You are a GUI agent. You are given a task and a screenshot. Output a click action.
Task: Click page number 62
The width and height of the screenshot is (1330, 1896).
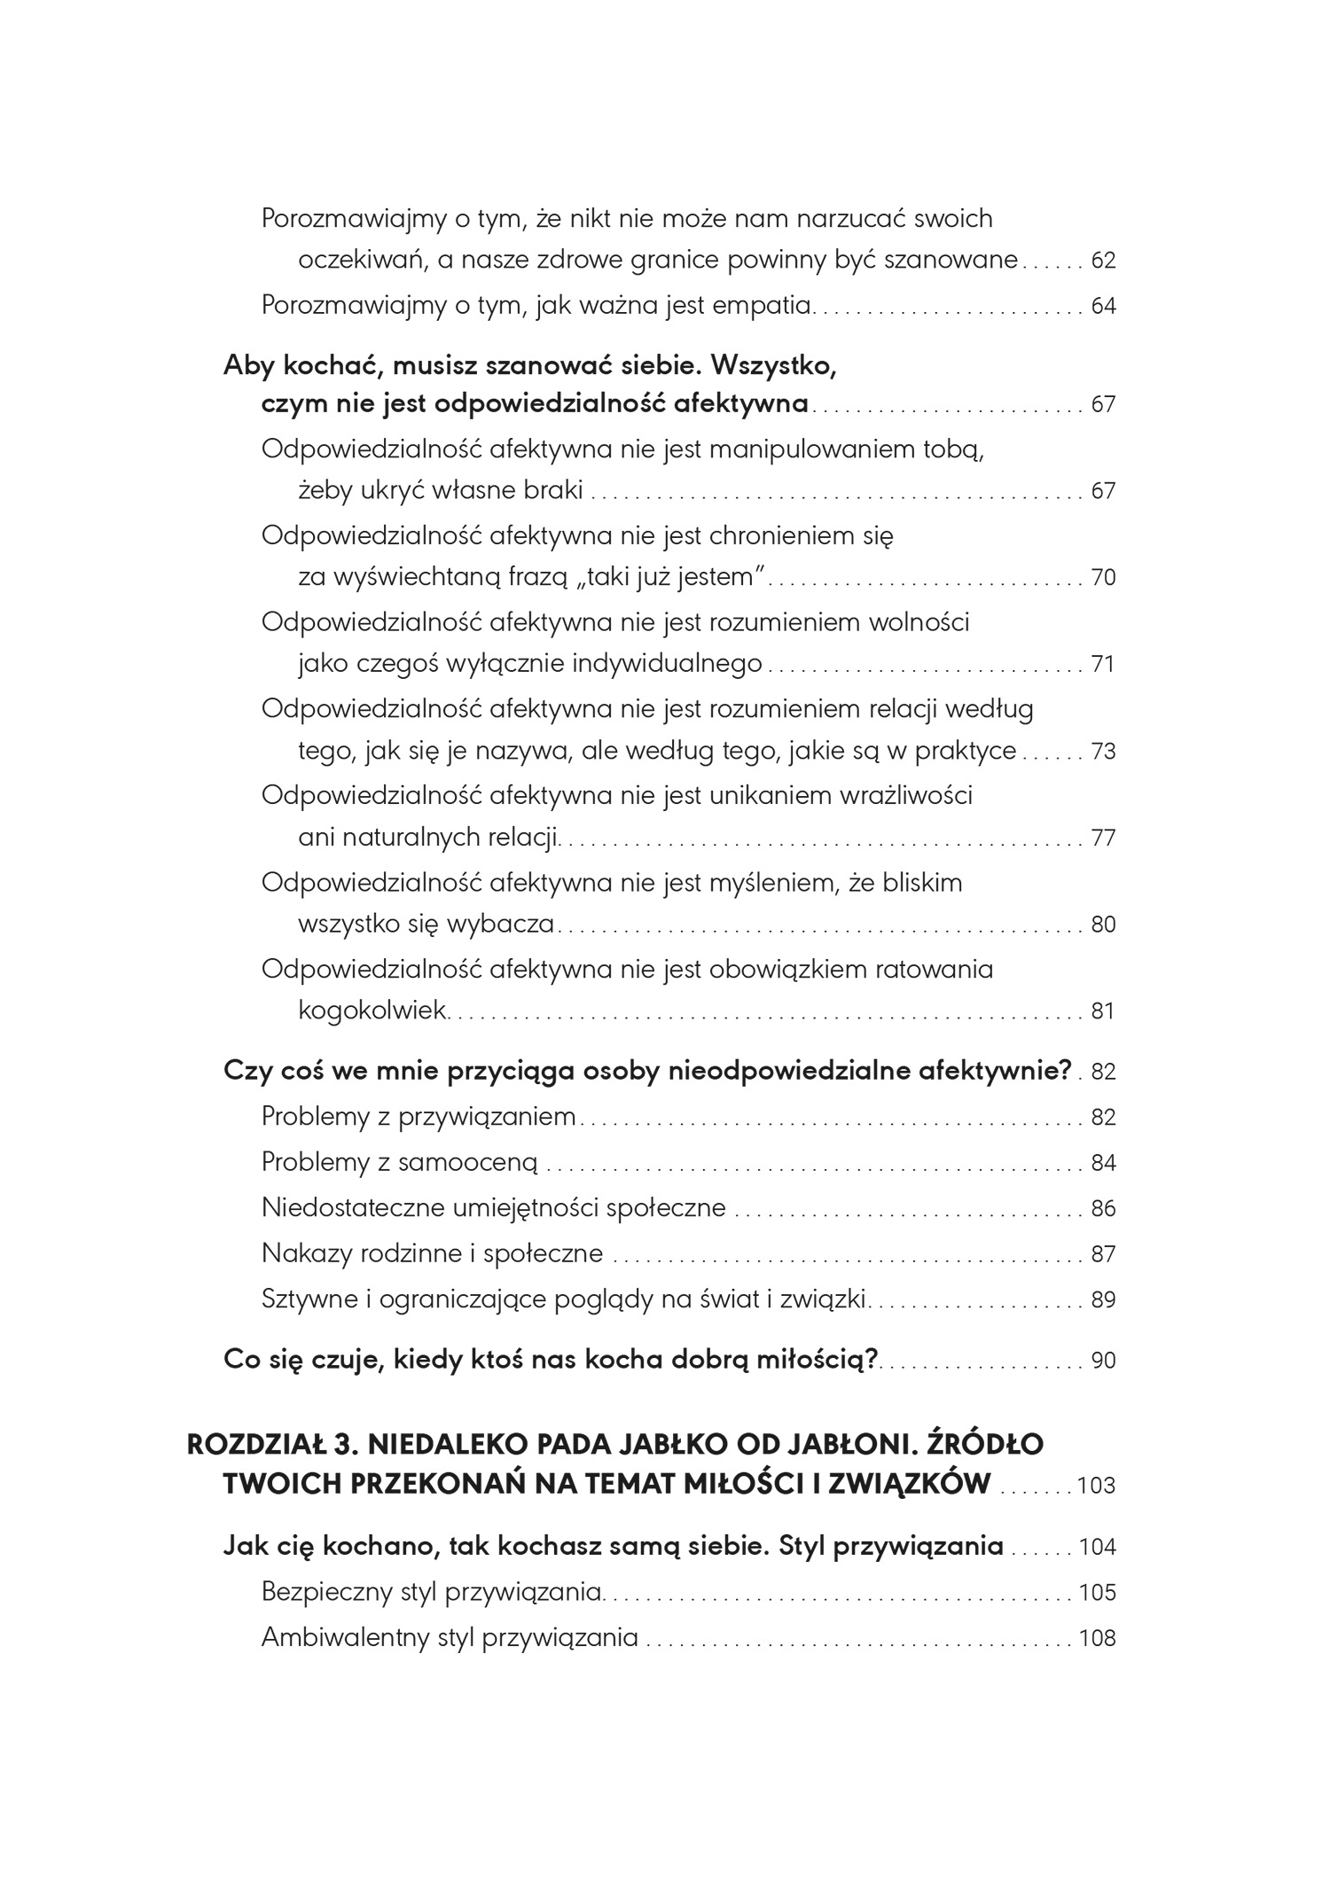pyautogui.click(x=1102, y=261)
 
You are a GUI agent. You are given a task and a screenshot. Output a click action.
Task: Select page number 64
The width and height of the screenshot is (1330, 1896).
pyautogui.click(x=1102, y=307)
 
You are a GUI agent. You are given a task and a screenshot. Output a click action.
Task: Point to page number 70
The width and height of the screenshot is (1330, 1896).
pyautogui.click(x=1102, y=579)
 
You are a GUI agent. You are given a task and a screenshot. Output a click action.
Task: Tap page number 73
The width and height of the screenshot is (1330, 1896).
pyautogui.click(x=1102, y=753)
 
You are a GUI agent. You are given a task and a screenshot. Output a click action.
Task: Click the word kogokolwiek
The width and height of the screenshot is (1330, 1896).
pyautogui.click(x=372, y=1011)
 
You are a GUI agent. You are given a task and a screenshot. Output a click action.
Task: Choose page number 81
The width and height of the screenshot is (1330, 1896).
pyautogui.click(x=1102, y=1012)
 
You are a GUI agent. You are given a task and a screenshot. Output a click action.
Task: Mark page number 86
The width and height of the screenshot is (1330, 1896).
pyautogui.click(x=1102, y=1210)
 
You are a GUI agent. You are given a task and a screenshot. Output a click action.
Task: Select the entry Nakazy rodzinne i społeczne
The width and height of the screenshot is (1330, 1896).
pyautogui.click(x=432, y=1254)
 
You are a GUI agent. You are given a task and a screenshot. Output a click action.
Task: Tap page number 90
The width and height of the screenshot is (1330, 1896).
pyautogui.click(x=1102, y=1361)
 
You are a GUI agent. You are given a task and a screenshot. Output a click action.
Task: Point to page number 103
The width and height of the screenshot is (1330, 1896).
pyautogui.click(x=1096, y=1486)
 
